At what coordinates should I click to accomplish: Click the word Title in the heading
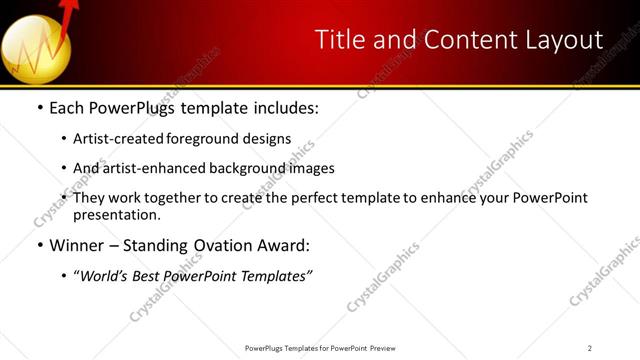(336, 40)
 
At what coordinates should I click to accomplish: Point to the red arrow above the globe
(69, 14)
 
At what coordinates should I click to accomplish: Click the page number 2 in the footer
(590, 348)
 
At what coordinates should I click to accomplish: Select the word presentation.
(116, 214)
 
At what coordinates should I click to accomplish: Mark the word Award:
(285, 245)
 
